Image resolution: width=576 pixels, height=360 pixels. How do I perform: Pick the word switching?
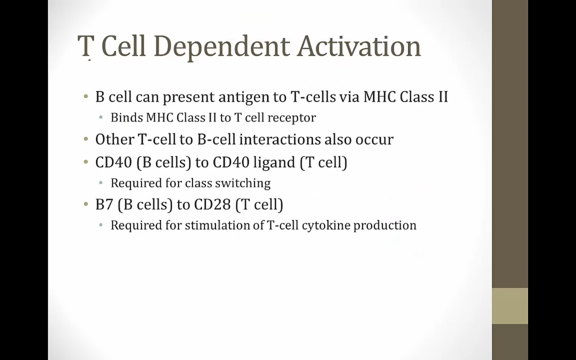click(x=243, y=184)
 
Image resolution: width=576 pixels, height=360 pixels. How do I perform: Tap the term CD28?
click(x=212, y=205)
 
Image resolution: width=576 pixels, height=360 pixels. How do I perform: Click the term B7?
click(x=104, y=205)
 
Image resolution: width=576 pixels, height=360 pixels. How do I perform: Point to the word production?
click(x=385, y=226)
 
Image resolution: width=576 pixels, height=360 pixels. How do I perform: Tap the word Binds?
click(x=127, y=118)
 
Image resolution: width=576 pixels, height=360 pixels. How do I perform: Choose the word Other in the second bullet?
click(x=115, y=139)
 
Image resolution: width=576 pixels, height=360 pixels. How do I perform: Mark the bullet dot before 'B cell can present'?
click(x=86, y=97)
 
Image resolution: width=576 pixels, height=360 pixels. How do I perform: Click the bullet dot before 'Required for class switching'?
click(x=101, y=183)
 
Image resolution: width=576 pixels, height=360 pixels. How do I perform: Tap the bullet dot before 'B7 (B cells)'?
click(x=86, y=204)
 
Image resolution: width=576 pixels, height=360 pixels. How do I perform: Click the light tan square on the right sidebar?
click(x=510, y=306)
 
